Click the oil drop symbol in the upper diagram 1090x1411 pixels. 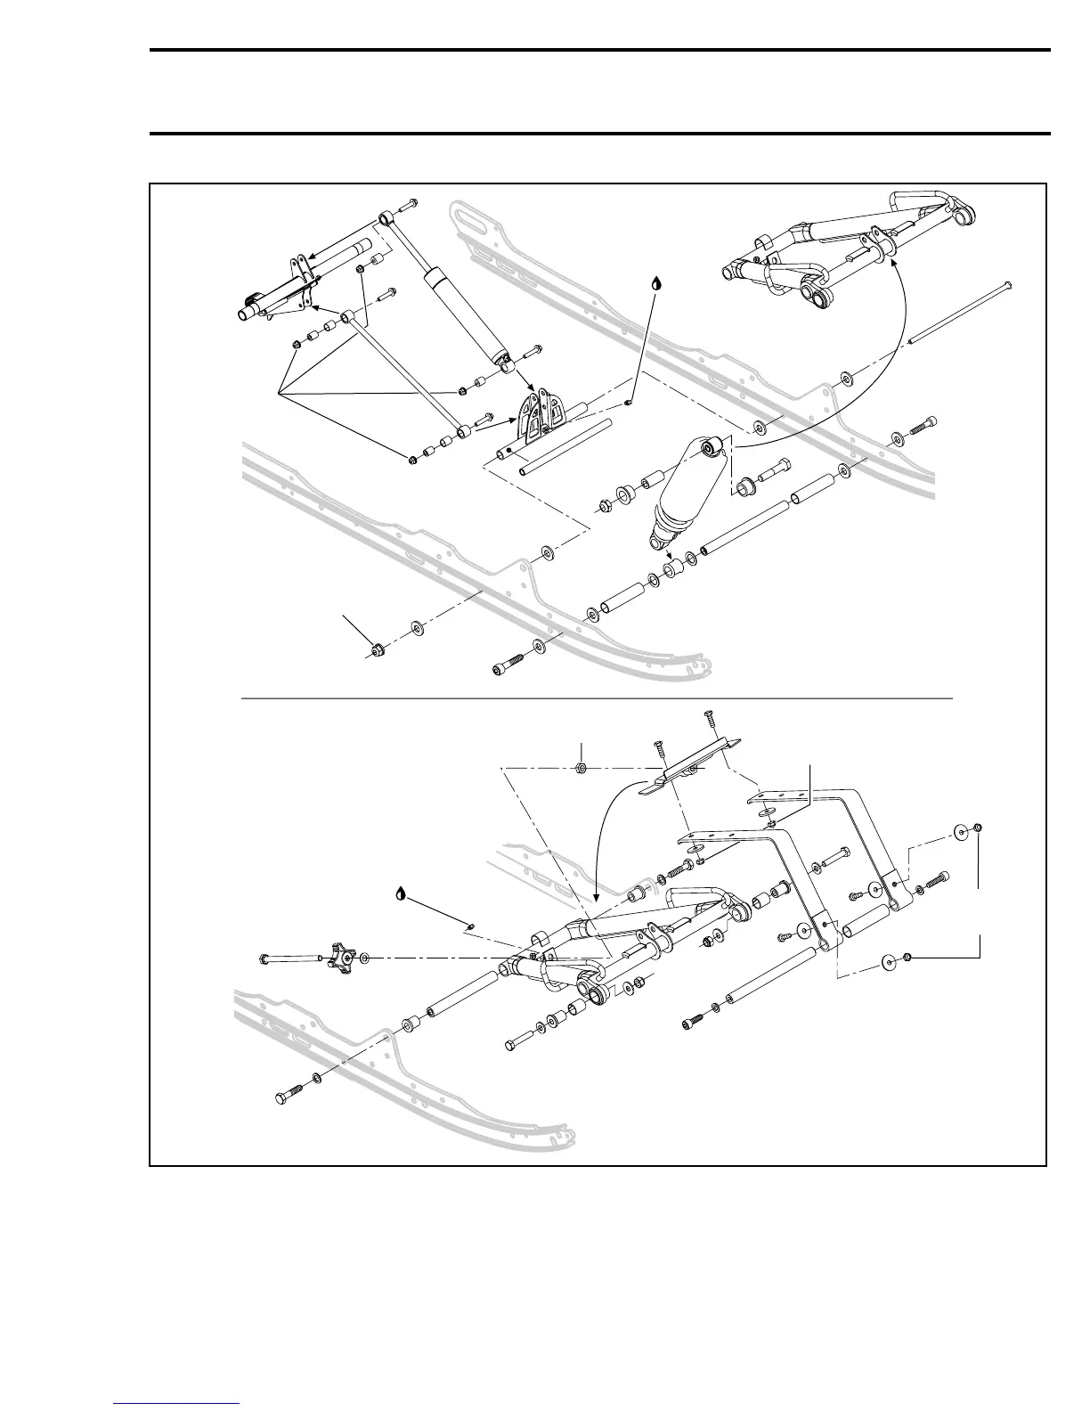tap(656, 283)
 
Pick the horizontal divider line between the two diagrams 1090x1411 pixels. tap(597, 699)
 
